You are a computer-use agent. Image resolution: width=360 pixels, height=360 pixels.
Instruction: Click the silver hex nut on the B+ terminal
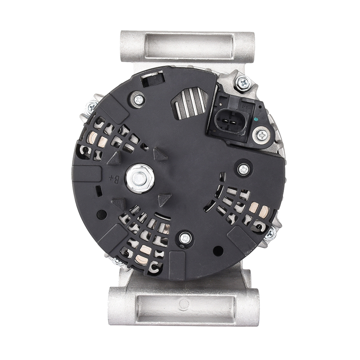coord(140,178)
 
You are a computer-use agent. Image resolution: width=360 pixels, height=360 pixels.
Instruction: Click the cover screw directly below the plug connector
coord(243,169)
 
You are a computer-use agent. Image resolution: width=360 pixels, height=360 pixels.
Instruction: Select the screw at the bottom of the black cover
coord(185,238)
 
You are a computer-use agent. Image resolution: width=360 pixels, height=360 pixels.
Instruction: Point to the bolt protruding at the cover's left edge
coord(91,106)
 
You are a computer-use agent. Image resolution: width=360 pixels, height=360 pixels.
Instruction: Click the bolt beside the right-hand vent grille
coord(270,234)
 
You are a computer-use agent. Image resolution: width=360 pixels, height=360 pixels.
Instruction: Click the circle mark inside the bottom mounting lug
coord(184,304)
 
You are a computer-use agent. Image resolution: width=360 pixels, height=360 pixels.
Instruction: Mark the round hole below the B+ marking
coord(102,214)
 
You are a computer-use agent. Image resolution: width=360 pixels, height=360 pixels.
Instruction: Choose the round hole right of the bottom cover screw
coord(218,251)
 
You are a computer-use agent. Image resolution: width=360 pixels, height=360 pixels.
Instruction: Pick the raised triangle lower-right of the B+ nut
coord(164,199)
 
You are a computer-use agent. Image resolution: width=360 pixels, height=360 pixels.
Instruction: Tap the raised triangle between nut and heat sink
coord(160,155)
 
